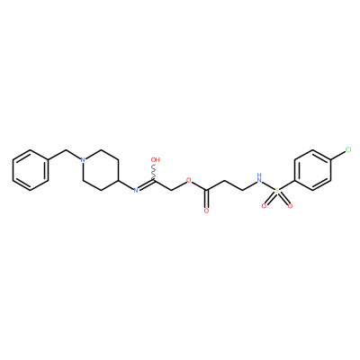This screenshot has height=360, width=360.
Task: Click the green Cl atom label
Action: point(348,149)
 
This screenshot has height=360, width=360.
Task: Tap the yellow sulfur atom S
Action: point(277,191)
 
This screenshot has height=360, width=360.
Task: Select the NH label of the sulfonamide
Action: point(258,178)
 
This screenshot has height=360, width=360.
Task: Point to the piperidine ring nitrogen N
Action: point(84,159)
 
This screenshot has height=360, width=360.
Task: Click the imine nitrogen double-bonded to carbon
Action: point(136,190)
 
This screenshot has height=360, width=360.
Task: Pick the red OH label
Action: point(156,159)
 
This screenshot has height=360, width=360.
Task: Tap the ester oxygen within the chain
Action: point(188,180)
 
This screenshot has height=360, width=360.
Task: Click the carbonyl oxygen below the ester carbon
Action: point(206,211)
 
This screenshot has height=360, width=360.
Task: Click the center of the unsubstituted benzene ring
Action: point(31,170)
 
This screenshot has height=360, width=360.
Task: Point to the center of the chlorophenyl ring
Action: point(313,170)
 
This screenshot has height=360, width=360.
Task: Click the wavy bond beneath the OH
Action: point(154,172)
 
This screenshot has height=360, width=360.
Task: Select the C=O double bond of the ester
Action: point(206,199)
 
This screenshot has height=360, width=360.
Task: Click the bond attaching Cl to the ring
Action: point(338,155)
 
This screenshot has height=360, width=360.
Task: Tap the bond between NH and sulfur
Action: point(267,185)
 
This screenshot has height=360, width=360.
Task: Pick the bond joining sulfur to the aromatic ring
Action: point(287,185)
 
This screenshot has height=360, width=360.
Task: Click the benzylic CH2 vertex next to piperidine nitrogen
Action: point(66,149)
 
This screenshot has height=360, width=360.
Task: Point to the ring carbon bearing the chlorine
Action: point(331,160)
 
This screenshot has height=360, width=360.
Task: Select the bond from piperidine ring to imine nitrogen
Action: point(126,184)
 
